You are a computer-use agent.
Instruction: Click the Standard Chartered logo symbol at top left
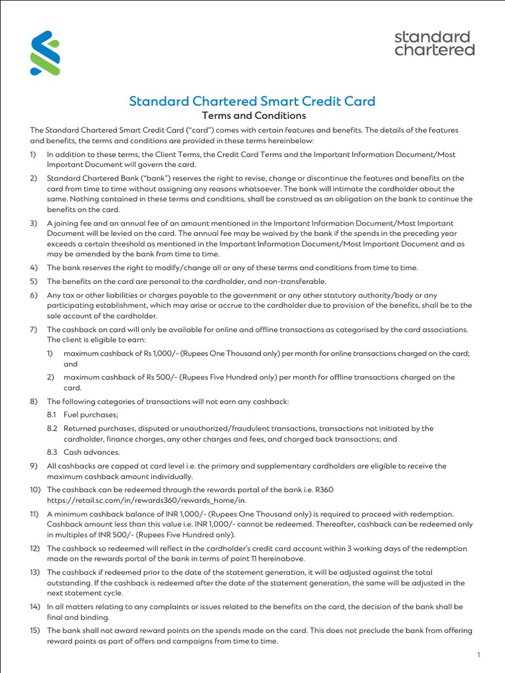coord(45,53)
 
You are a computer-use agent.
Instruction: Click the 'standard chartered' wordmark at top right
coord(434,43)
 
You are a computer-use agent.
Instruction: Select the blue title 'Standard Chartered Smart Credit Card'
coord(252,101)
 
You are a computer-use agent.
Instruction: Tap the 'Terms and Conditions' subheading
coord(252,116)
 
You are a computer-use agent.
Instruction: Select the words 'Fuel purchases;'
coord(91,415)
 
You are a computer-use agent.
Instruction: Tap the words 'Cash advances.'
coord(92,452)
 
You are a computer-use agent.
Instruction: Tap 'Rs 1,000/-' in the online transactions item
coord(160,354)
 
